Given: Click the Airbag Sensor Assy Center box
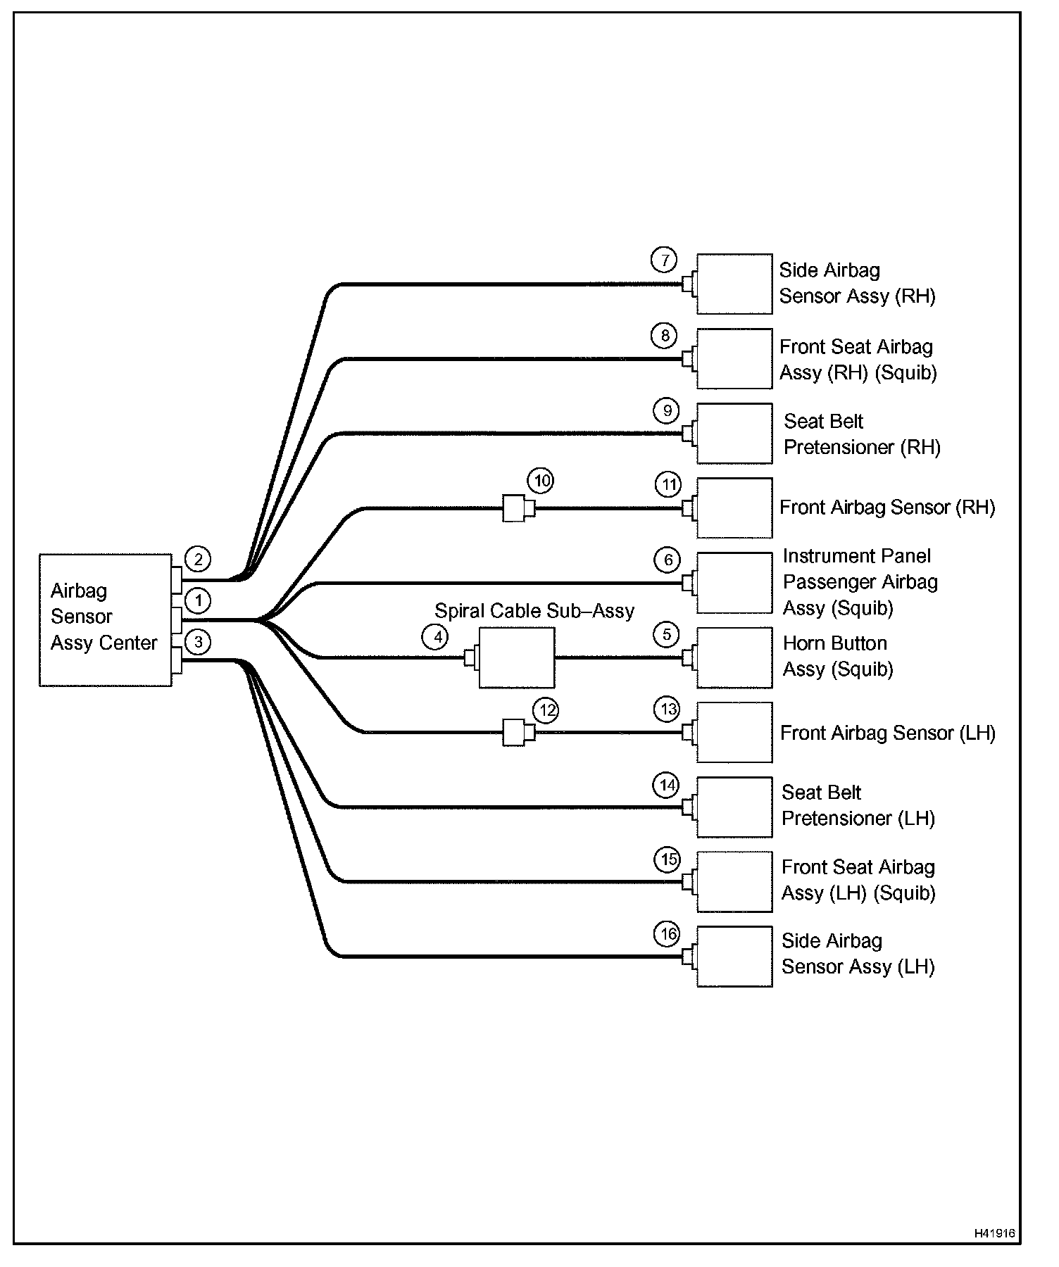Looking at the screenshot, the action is tap(106, 619).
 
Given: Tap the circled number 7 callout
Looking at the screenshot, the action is tap(664, 260).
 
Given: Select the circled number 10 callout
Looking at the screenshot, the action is tap(541, 481).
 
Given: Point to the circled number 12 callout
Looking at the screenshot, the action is tap(546, 710).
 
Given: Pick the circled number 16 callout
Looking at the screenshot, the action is tap(668, 935).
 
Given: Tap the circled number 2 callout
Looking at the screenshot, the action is tap(198, 560).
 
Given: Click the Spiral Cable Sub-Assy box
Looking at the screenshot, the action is tap(516, 657).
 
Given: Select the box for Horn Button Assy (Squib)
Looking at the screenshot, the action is tap(734, 657).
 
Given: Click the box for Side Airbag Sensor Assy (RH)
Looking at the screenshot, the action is tap(734, 284).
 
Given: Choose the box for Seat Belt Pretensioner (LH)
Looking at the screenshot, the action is tap(734, 807).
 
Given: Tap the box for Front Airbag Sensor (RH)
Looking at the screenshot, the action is tap(734, 508).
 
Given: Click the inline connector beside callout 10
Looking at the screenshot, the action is tap(518, 508).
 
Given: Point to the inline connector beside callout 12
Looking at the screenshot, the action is tap(518, 733).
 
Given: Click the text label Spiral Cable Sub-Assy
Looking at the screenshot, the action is tap(534, 611).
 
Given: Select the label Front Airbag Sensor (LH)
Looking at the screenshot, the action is tap(888, 733).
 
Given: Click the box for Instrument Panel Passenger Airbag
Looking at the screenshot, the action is tap(734, 583).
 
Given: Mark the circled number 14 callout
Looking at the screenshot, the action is tap(666, 785).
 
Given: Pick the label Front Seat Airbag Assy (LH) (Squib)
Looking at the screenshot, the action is tap(858, 880).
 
